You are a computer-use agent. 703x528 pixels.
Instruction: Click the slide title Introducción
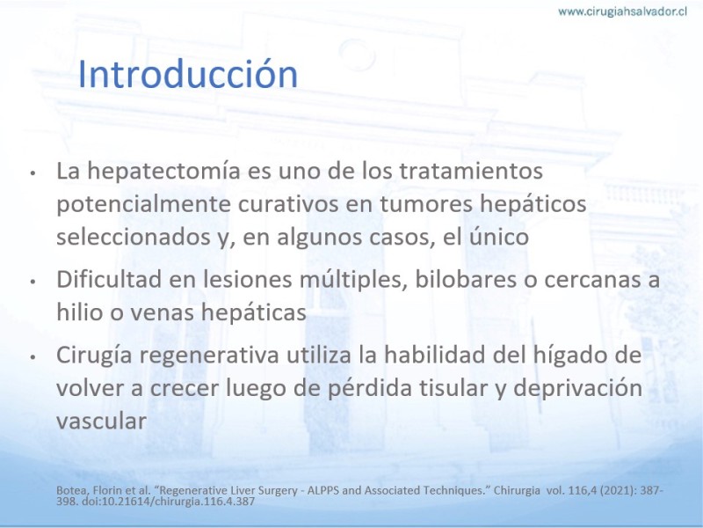(x=188, y=74)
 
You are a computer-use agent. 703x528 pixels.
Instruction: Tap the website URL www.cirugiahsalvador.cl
(x=622, y=11)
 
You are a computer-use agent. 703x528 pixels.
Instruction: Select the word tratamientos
(x=471, y=171)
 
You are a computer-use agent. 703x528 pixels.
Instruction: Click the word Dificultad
(x=109, y=279)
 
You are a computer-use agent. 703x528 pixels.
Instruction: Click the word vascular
(x=101, y=422)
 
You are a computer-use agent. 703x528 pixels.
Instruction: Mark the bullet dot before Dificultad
(x=33, y=282)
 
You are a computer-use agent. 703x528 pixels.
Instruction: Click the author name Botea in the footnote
(x=69, y=491)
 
